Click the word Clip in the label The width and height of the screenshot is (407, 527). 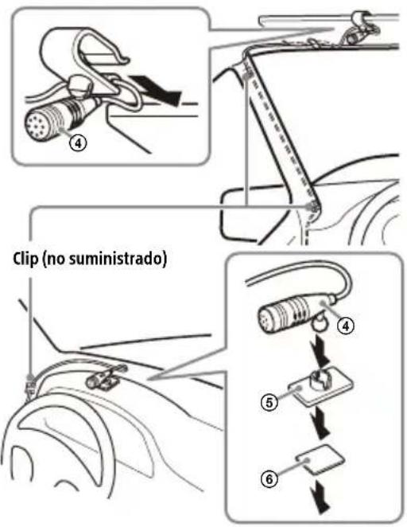[x=21, y=262]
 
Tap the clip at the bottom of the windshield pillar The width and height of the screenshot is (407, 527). [x=313, y=209]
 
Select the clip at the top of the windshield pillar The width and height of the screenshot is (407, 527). [x=248, y=73]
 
